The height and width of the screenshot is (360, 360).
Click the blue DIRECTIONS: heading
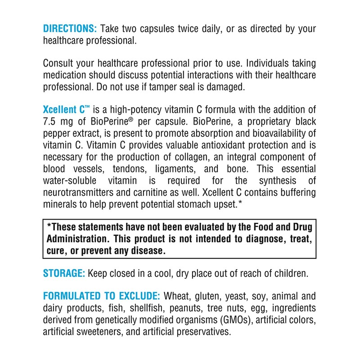[x=70, y=29]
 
